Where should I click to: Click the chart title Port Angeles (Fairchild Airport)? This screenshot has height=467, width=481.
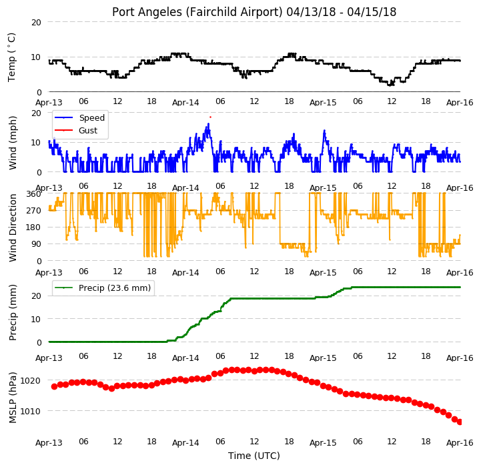tap(197, 12)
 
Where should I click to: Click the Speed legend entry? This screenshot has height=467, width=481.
tap(79, 118)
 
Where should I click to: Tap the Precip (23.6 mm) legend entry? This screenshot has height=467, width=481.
tap(103, 288)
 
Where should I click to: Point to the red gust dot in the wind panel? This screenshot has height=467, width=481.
tap(210, 117)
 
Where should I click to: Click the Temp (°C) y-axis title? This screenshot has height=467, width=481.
tap(11, 57)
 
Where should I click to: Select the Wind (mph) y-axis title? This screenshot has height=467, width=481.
tap(13, 143)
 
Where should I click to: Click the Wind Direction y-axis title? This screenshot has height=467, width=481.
tap(13, 227)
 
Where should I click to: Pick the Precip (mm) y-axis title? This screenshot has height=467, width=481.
tap(13, 312)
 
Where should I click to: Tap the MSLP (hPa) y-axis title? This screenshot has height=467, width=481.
tap(13, 398)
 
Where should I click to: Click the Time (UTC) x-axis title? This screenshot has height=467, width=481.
tap(254, 456)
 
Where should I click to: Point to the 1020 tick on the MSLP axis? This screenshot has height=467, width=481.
tap(30, 381)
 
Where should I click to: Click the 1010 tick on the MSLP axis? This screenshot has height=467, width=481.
tap(30, 411)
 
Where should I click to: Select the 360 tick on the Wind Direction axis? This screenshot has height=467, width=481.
tap(33, 194)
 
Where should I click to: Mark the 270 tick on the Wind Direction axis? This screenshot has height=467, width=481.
tap(33, 211)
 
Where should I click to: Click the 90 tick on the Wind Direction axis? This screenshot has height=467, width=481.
tap(36, 244)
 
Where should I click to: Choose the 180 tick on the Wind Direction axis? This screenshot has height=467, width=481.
tap(33, 227)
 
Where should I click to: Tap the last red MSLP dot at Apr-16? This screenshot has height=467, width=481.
tap(460, 422)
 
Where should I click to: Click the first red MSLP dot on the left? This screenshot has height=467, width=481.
tap(54, 387)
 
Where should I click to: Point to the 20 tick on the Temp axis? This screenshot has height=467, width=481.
tap(36, 23)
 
